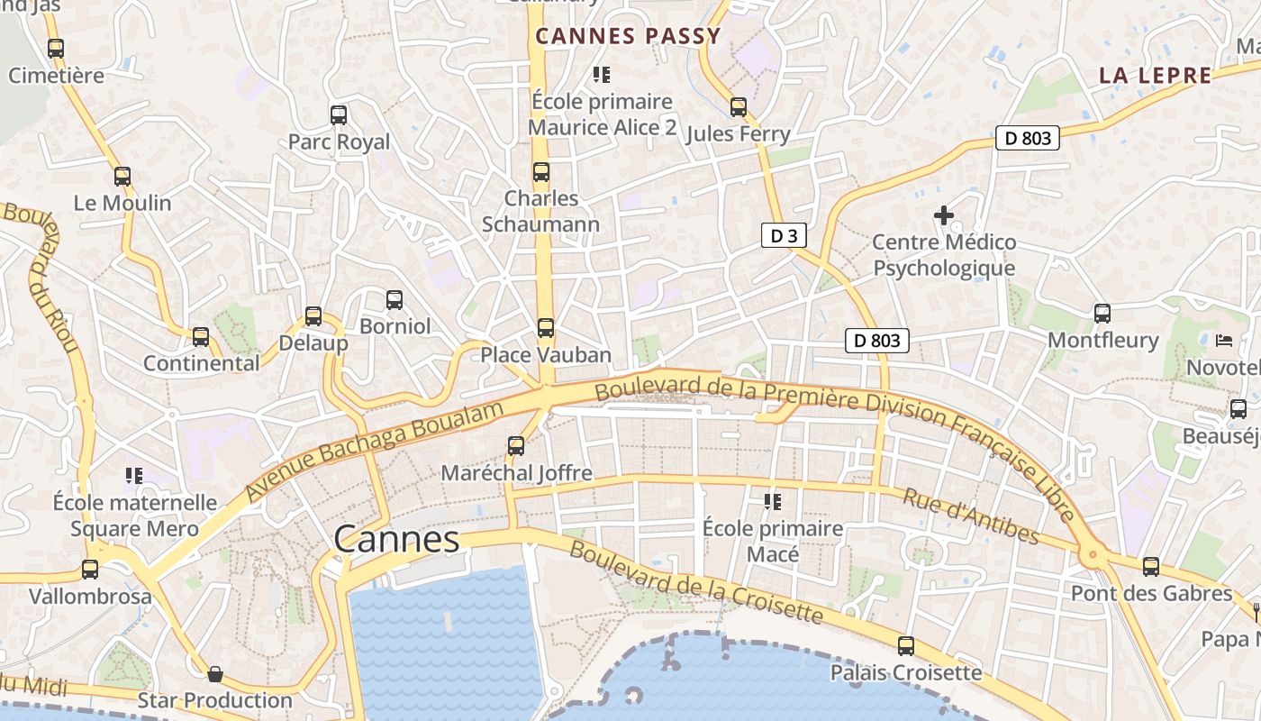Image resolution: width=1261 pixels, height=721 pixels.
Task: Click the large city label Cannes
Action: [x=396, y=539]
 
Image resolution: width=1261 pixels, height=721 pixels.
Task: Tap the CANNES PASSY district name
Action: [x=629, y=36]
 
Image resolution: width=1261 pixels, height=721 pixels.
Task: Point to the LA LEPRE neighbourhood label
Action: [x=1155, y=76]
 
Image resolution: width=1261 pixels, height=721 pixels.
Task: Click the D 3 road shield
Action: [x=783, y=236]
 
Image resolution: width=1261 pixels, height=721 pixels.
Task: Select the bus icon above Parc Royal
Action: [x=339, y=115]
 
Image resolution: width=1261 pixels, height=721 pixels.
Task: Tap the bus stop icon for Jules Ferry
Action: [x=739, y=107]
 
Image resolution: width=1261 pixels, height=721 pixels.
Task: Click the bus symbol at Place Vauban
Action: [x=546, y=328]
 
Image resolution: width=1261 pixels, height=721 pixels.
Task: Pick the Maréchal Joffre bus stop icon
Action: [x=516, y=445]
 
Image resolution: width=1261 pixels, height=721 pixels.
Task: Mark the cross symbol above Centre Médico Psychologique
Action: [x=943, y=215]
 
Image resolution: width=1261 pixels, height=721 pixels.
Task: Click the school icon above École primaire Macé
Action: [x=772, y=501]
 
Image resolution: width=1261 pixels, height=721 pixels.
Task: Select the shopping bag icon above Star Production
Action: [x=215, y=674]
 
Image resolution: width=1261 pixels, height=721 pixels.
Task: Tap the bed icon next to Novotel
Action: [x=1224, y=341]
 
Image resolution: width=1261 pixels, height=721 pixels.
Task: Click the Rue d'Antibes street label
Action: [x=971, y=517]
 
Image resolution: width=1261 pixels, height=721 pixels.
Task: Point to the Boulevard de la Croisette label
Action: [x=695, y=582]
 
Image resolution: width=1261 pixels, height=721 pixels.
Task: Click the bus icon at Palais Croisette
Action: [x=906, y=646]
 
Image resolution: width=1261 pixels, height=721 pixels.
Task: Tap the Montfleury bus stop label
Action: [x=1102, y=340]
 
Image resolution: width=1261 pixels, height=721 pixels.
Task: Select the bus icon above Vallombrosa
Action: [x=90, y=570]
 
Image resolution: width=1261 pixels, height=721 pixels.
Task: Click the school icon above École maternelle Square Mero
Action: [x=134, y=475]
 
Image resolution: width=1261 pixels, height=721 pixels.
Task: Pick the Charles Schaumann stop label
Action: [x=540, y=211]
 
